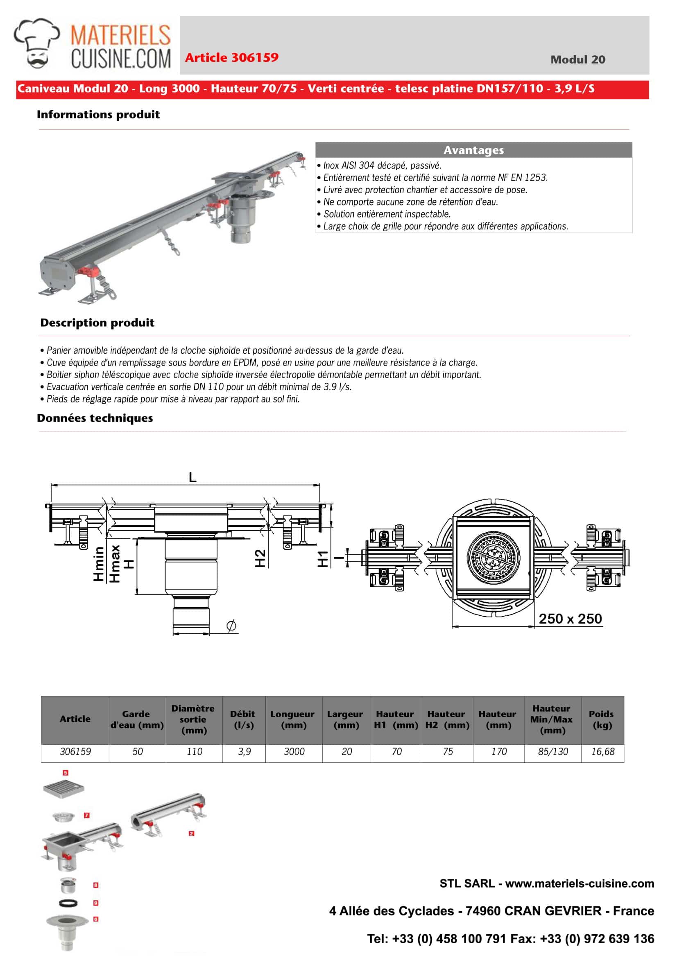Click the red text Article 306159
232,58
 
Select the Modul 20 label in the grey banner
577,60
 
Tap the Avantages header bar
473,150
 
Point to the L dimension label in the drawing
192,477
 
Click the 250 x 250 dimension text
570,619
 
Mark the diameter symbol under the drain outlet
231,626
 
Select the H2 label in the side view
260,558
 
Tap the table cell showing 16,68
602,752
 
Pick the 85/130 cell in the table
552,752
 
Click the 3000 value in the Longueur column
294,752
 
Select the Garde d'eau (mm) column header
137,720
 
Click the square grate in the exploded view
63,788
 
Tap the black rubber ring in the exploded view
68,903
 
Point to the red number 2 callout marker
191,834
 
